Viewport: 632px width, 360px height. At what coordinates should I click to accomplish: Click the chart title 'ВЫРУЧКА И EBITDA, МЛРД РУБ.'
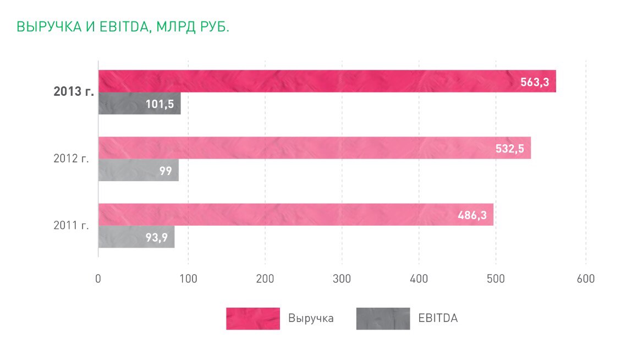[123, 27]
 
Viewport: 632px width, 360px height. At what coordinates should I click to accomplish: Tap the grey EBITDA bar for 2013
[121, 104]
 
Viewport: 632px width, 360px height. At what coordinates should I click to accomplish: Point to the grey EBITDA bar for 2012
[127, 171]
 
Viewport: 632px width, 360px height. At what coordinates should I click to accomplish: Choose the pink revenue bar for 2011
[275, 214]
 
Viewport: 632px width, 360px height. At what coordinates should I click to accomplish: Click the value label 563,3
[535, 82]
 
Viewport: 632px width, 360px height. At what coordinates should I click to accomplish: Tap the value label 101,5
[160, 104]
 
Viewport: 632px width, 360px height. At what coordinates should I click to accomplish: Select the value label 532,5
[509, 149]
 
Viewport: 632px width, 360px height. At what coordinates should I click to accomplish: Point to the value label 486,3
[472, 215]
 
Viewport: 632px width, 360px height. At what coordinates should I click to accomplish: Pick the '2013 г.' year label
[74, 92]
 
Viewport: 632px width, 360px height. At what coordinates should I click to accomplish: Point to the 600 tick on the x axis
[585, 279]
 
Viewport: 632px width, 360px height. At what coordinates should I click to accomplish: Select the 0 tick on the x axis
[98, 279]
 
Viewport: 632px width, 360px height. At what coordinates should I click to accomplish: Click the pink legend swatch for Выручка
[252, 318]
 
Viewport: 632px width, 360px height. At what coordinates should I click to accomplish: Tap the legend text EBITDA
[438, 318]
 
